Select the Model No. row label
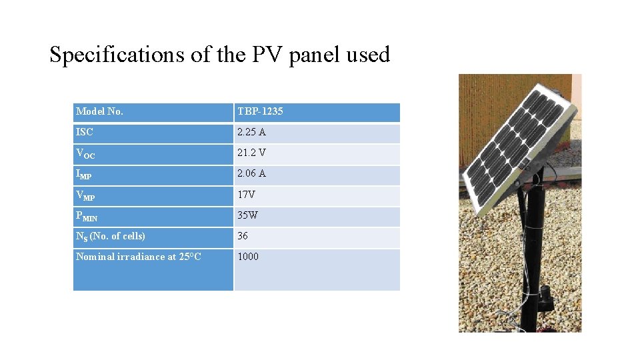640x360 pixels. pyautogui.click(x=99, y=111)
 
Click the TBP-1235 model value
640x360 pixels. pyautogui.click(x=260, y=111)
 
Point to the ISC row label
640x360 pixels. pyautogui.click(x=85, y=132)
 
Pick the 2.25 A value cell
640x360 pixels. pyautogui.click(x=251, y=132)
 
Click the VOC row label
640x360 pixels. pyautogui.click(x=85, y=153)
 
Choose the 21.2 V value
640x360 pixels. pyautogui.click(x=251, y=153)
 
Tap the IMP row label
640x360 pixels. pyautogui.click(x=84, y=174)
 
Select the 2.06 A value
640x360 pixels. pyautogui.click(x=251, y=173)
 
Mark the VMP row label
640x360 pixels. pyautogui.click(x=85, y=195)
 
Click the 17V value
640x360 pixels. pyautogui.click(x=247, y=195)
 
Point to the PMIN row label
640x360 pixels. pyautogui.click(x=87, y=216)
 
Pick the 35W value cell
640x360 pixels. pyautogui.click(x=247, y=215)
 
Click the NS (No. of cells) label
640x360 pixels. pyautogui.click(x=111, y=236)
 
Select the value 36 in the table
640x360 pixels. pyautogui.click(x=243, y=236)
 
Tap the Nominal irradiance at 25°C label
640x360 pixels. pyautogui.click(x=139, y=257)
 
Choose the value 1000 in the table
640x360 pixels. pyautogui.click(x=248, y=257)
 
